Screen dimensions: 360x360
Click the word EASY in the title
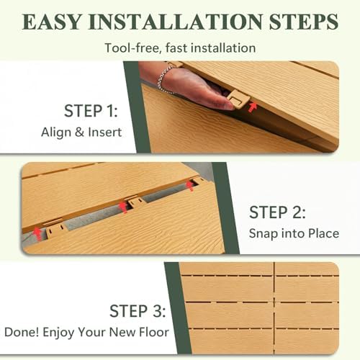click(52, 22)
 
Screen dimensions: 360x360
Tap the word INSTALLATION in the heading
click(176, 22)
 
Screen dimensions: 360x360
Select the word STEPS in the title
click(304, 22)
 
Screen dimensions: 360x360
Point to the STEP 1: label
click(91, 111)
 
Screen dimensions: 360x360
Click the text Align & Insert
click(81, 132)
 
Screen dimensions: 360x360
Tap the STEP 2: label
click(277, 212)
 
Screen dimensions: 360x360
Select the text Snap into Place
click(294, 233)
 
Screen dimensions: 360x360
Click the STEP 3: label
click(138, 311)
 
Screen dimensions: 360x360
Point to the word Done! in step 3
click(22, 333)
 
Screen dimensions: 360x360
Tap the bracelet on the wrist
click(164, 79)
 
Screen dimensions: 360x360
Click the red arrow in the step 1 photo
click(252, 107)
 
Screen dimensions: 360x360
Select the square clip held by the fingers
click(238, 99)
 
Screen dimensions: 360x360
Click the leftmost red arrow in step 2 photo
click(37, 233)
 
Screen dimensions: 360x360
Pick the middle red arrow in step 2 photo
click(123, 207)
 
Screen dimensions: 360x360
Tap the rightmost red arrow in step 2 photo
click(190, 186)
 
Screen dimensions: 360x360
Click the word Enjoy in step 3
click(58, 333)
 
